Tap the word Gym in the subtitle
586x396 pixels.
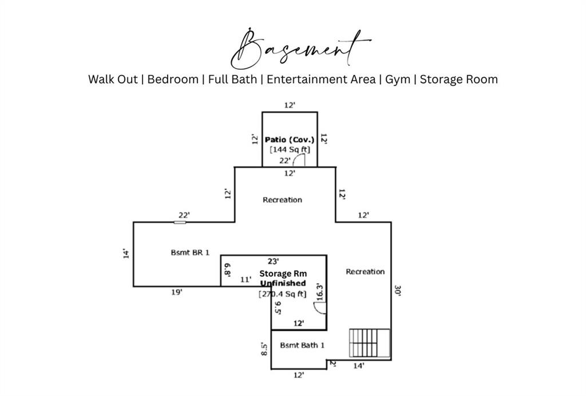pyautogui.click(x=398, y=80)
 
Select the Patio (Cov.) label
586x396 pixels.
pyautogui.click(x=290, y=140)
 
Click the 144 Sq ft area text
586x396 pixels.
pyautogui.click(x=290, y=150)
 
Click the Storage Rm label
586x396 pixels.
pyautogui.click(x=283, y=274)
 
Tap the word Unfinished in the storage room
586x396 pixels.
pyautogui.click(x=283, y=284)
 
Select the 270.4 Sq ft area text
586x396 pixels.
pyautogui.click(x=283, y=294)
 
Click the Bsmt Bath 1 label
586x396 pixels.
pyautogui.click(x=302, y=345)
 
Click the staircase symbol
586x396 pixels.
pyautogui.click(x=369, y=344)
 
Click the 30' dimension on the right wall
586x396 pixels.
pyautogui.click(x=398, y=291)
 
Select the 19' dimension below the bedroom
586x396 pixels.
pyautogui.click(x=177, y=292)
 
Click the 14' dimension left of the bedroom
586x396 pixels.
pyautogui.click(x=126, y=254)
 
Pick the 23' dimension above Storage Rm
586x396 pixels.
pyautogui.click(x=273, y=261)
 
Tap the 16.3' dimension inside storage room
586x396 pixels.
pyautogui.click(x=319, y=292)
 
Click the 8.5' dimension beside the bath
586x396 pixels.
pyautogui.click(x=264, y=349)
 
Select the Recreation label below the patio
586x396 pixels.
pyautogui.click(x=282, y=200)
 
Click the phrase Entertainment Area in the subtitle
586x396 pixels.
pyautogui.click(x=320, y=80)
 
